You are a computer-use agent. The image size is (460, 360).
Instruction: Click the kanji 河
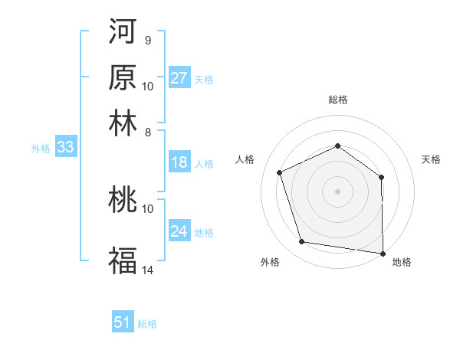pyautogui.click(x=123, y=32)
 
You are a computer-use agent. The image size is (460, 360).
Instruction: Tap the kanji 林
pyautogui.click(x=123, y=123)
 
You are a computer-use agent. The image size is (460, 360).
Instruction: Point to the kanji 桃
pyautogui.click(x=123, y=200)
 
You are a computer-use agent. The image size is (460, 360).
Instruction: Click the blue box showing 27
pyautogui.click(x=179, y=78)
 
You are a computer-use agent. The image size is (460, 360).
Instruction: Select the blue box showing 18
pyautogui.click(x=179, y=162)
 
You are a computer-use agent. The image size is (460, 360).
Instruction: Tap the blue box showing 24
pyautogui.click(x=179, y=231)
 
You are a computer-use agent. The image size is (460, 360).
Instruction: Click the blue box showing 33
pyautogui.click(x=65, y=148)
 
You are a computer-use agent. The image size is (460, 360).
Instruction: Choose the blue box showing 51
pyautogui.click(x=123, y=322)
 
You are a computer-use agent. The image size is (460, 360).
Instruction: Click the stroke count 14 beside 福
pyautogui.click(x=148, y=270)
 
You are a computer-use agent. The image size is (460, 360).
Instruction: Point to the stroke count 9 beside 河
pyautogui.click(x=147, y=40)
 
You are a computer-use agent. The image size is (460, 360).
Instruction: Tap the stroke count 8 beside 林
pyautogui.click(x=147, y=133)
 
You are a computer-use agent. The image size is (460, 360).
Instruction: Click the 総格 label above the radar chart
pyautogui.click(x=338, y=100)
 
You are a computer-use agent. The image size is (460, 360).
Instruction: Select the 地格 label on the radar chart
pyautogui.click(x=402, y=263)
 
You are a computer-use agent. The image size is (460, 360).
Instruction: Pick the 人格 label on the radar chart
pyautogui.click(x=245, y=159)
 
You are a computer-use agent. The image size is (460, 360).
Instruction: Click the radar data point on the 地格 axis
pyautogui.click(x=383, y=253)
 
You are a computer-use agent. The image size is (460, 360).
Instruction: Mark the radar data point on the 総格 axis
pyautogui.click(x=337, y=146)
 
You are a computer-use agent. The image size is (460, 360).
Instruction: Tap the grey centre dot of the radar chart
pyautogui.click(x=337, y=191)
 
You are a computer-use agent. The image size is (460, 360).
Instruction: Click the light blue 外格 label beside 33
pyautogui.click(x=41, y=149)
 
